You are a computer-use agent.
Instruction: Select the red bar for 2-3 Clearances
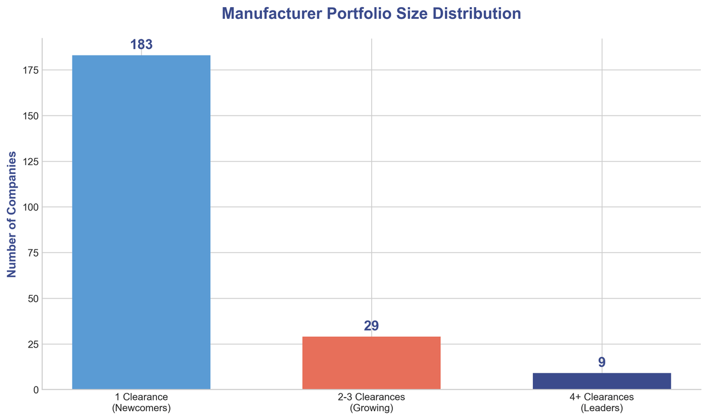pyautogui.click(x=371, y=363)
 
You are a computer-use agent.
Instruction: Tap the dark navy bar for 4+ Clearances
pyautogui.click(x=601, y=381)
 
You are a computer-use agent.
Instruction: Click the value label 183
pyautogui.click(x=141, y=45)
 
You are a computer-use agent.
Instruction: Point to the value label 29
pyautogui.click(x=371, y=326)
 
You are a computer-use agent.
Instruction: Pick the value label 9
pyautogui.click(x=601, y=362)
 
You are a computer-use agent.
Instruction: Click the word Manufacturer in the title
pyautogui.click(x=257, y=14)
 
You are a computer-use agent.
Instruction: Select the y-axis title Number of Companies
pyautogui.click(x=11, y=215)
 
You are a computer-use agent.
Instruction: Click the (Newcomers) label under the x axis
pyautogui.click(x=141, y=408)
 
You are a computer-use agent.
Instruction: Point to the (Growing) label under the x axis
pyautogui.click(x=371, y=408)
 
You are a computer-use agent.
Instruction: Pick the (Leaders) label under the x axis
pyautogui.click(x=601, y=408)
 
